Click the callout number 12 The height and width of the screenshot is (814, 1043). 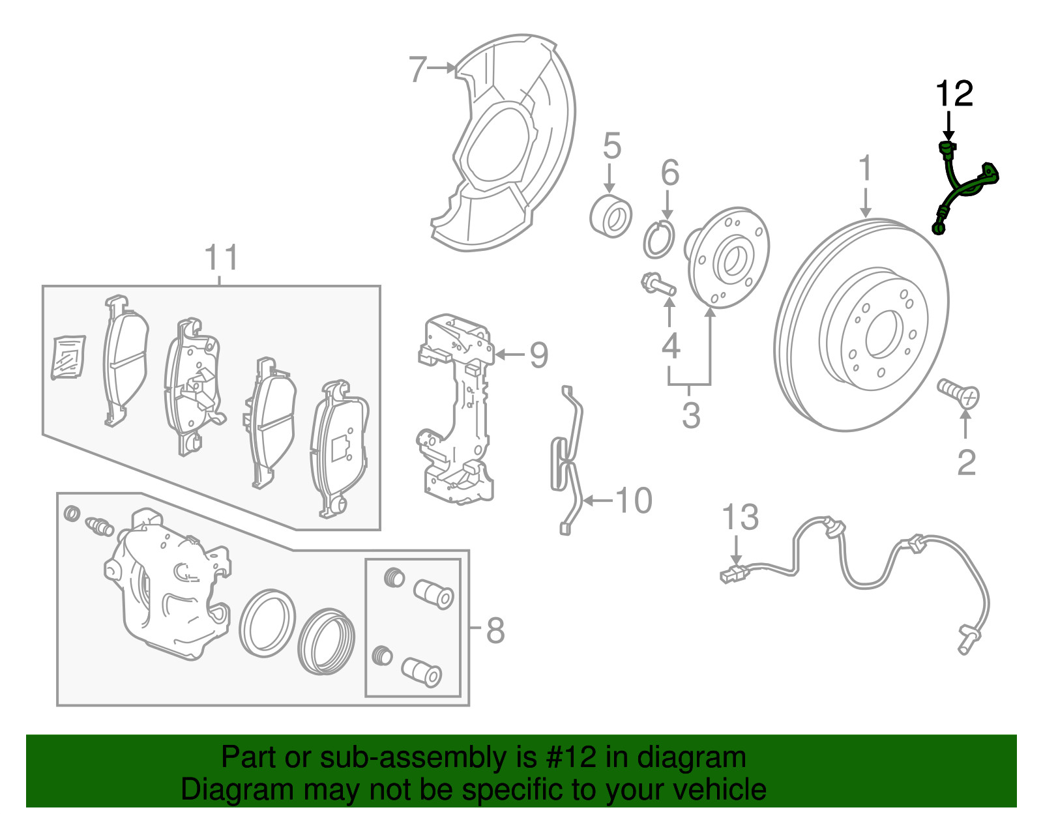coord(954,94)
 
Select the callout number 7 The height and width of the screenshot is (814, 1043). coord(418,70)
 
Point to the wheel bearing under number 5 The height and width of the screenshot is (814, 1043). coord(611,216)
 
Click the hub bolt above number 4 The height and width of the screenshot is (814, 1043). coord(658,284)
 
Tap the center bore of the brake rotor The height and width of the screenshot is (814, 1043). coord(884,334)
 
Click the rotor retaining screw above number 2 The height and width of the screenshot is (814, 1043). coord(958,394)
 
